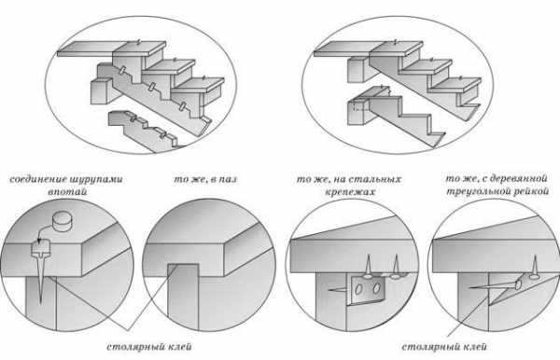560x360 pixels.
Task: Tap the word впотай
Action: tap(67, 192)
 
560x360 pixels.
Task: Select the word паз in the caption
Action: tap(227, 179)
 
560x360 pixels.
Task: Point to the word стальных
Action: tap(374, 179)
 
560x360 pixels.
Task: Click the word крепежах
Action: tap(350, 192)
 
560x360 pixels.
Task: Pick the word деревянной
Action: tap(519, 178)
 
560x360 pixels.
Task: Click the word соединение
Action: tap(39, 179)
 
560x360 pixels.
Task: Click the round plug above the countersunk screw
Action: tap(62, 222)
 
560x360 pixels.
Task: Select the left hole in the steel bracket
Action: tap(359, 289)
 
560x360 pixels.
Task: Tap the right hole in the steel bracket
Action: tap(376, 288)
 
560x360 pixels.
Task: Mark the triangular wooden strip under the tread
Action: tap(518, 289)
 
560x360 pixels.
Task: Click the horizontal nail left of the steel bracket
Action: tap(338, 290)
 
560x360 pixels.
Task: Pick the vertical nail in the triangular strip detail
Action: tap(534, 267)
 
